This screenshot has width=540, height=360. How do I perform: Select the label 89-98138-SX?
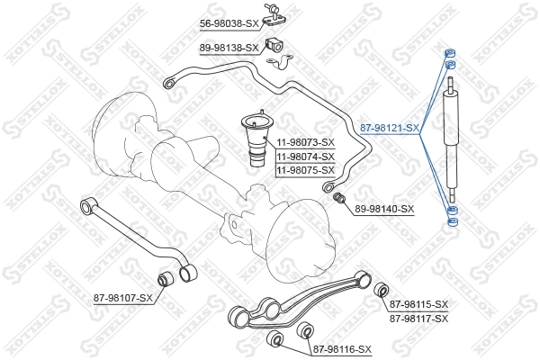pyautogui.click(x=229, y=48)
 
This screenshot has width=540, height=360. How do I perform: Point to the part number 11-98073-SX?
pyautogui.click(x=305, y=143)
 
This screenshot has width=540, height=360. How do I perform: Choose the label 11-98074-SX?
pyautogui.click(x=305, y=157)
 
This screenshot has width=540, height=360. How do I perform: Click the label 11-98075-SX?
pyautogui.click(x=305, y=170)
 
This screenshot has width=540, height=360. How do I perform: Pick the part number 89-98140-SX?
pyautogui.click(x=384, y=209)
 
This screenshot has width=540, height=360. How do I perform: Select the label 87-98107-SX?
pyautogui.click(x=123, y=297)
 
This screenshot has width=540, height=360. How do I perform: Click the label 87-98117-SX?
pyautogui.click(x=419, y=319)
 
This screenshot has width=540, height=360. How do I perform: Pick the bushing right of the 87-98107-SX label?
pyautogui.click(x=166, y=280)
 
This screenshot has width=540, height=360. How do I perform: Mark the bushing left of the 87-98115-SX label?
pyautogui.click(x=380, y=289)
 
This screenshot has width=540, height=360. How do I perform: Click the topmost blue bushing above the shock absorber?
pyautogui.click(x=449, y=50)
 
